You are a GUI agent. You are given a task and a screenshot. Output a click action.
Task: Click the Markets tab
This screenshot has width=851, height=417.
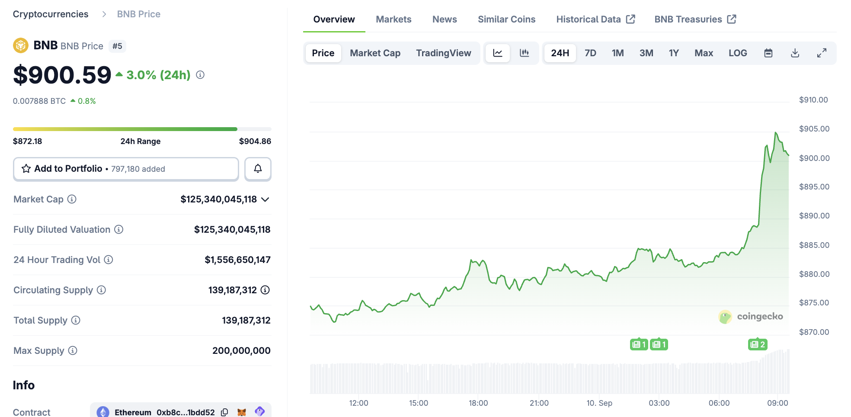(394, 19)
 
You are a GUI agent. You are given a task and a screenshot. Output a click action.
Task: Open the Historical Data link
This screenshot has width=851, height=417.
(595, 19)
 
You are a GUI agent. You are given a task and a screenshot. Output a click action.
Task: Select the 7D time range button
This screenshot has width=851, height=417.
(590, 53)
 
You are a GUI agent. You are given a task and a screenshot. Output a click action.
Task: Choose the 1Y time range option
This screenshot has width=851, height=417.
(673, 53)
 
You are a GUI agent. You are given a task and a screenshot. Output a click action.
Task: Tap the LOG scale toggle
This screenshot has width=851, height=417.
(737, 53)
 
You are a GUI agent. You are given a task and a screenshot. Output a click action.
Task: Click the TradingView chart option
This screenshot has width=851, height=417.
(443, 53)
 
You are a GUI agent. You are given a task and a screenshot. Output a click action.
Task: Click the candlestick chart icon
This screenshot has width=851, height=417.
(524, 53)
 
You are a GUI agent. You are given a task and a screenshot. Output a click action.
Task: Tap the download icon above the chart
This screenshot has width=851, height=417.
(795, 53)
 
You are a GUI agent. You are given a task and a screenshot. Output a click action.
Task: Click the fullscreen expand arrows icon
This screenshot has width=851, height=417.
(822, 53)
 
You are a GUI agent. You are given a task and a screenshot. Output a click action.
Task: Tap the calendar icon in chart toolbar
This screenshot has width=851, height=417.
(768, 53)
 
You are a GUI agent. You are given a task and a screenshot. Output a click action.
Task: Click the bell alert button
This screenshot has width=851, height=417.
(258, 169)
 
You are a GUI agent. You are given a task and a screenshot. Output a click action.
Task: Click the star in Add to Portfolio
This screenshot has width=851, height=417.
(26, 169)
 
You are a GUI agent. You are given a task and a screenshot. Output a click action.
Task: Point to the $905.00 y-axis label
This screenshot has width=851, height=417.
(814, 129)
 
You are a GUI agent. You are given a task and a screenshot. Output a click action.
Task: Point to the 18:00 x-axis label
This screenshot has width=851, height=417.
(478, 403)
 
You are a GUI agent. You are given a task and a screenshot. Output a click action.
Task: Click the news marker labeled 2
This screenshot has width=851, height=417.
(758, 344)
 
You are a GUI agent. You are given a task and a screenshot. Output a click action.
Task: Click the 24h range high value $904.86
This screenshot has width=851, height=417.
(255, 141)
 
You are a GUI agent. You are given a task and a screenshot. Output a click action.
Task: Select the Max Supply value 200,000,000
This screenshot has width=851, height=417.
(241, 351)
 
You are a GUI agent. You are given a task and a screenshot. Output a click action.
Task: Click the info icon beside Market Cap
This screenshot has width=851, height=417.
(72, 199)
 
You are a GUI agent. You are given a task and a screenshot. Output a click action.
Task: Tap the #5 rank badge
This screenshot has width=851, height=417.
(117, 46)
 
